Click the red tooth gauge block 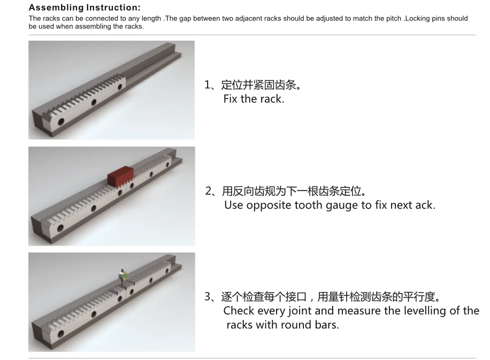click(120, 177)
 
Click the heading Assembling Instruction click(85, 7)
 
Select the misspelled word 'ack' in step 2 click(424, 205)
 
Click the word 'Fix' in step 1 click(231, 99)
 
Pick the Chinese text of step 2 click(294, 190)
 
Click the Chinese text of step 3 click(330, 296)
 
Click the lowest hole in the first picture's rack click(60, 121)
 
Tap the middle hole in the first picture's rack click(94, 102)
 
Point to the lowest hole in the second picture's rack click(60, 228)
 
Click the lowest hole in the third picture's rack click(60, 334)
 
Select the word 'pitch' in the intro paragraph click(393, 18)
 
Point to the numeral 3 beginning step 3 click(208, 296)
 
